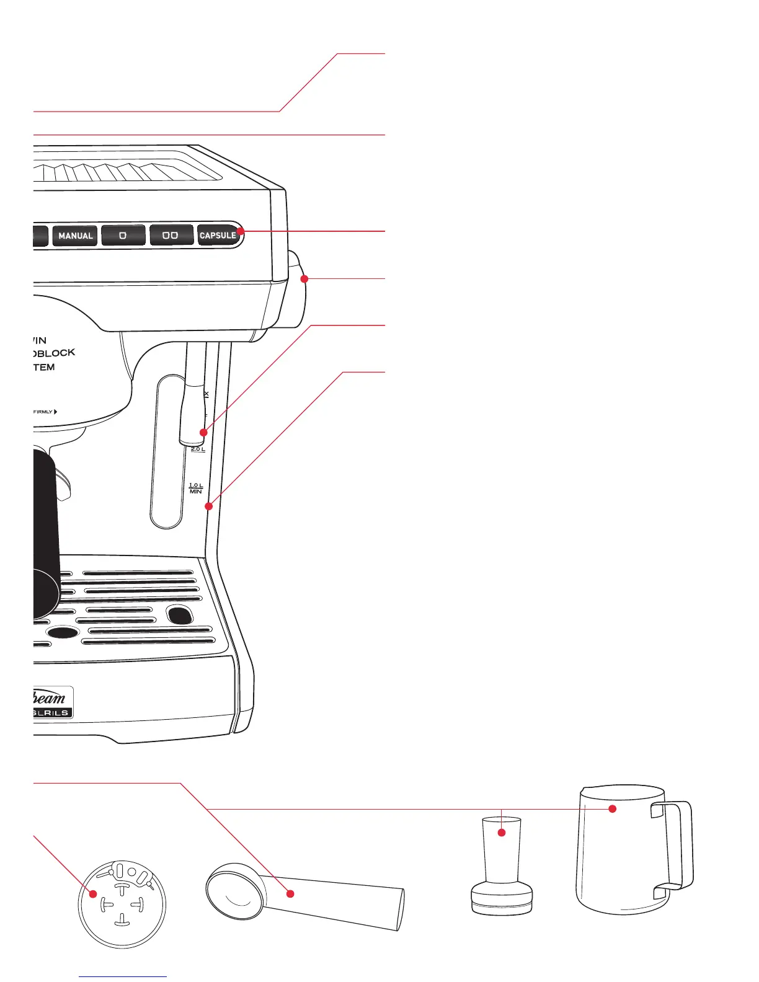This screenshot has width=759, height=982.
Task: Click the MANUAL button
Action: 75,236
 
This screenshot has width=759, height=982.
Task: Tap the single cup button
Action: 123,236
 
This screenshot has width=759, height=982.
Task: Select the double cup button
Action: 171,236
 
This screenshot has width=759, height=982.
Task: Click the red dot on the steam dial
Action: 304,280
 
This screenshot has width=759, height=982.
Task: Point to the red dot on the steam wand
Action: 203,432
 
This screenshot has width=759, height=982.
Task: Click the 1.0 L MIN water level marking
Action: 196,489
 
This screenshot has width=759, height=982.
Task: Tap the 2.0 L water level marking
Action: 197,449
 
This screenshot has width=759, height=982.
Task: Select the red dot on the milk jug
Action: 612,808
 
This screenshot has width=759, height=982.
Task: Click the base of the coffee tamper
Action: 502,898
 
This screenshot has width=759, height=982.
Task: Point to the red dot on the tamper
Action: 502,833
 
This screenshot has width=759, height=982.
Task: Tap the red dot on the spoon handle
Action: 290,893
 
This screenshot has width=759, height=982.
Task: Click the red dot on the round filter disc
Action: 93,894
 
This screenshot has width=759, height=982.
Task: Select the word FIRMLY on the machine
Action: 43,412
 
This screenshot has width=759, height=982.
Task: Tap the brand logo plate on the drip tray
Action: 52,703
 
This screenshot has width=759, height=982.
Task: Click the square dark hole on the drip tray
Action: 179,615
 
